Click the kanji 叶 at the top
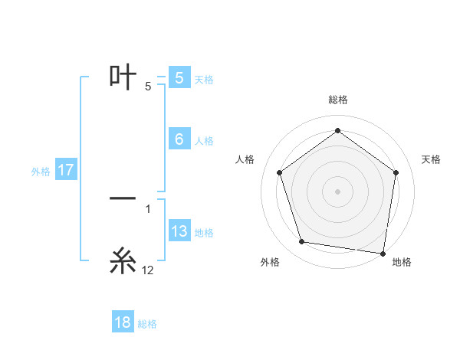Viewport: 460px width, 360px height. [123, 77]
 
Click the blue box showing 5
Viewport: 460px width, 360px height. [179, 78]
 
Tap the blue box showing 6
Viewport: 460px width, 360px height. [179, 139]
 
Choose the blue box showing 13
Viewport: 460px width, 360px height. [179, 231]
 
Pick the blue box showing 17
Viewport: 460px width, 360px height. [65, 170]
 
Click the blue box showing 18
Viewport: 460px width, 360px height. [123, 322]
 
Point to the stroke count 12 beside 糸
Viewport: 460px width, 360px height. [148, 270]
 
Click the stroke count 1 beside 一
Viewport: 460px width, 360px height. [148, 208]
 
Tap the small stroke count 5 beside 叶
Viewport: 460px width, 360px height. [148, 87]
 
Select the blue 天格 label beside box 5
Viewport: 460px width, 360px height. [204, 79]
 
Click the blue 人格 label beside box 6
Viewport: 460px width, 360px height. [204, 140]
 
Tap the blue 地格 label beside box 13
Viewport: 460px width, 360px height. [204, 232]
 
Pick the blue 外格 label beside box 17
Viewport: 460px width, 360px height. [41, 171]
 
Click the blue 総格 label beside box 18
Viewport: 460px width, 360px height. [147, 323]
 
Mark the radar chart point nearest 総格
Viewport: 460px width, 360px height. [337, 131]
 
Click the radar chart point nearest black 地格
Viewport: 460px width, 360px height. [383, 253]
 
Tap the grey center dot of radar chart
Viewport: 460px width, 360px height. [337, 191]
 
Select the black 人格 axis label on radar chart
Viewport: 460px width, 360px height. [245, 159]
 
